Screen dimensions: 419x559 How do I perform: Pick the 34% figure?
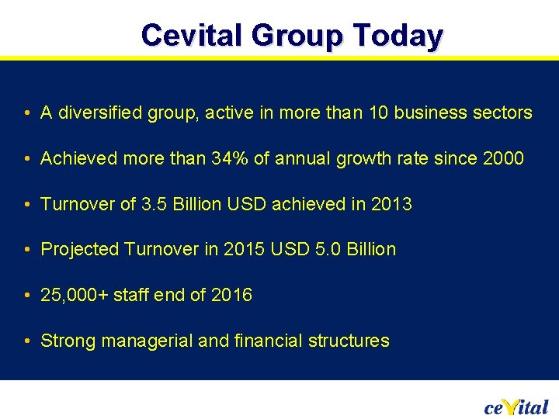[x=231, y=159]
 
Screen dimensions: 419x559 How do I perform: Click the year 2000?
[x=503, y=159]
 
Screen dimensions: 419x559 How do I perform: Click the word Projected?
[x=80, y=250]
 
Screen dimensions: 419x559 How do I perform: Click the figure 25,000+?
[x=75, y=295]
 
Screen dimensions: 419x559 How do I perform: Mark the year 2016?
[x=231, y=295]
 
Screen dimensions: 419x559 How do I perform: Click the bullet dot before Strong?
[x=27, y=341]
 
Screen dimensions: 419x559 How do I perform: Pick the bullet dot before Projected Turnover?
[x=27, y=251]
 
